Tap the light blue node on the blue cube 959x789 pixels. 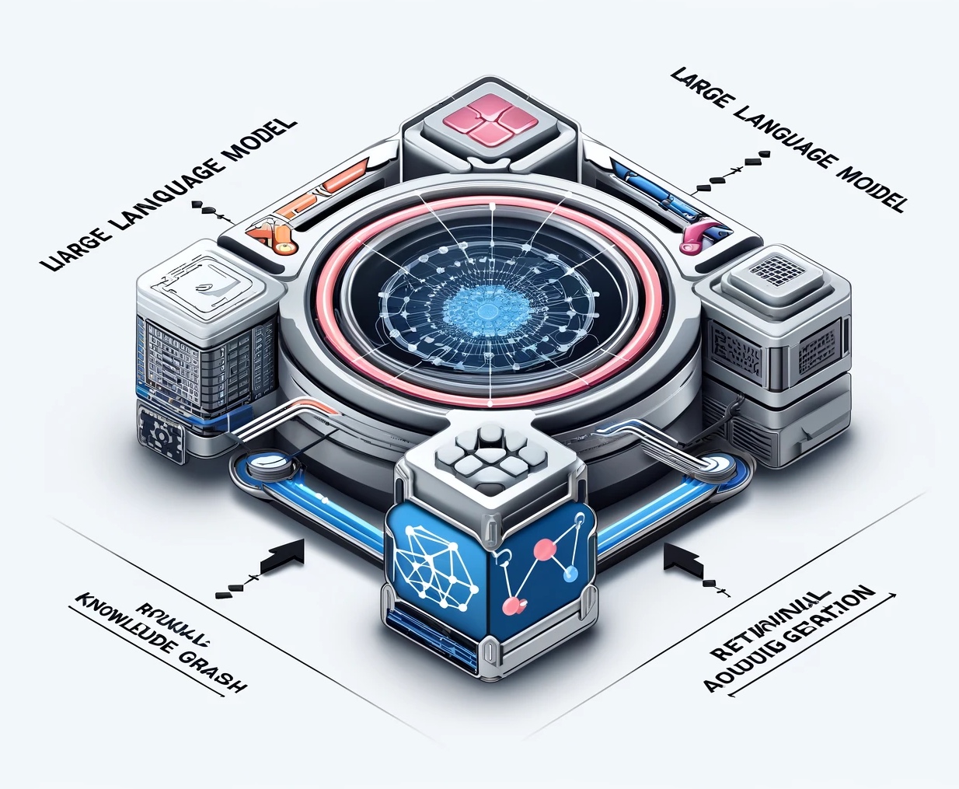pos(573,574)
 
